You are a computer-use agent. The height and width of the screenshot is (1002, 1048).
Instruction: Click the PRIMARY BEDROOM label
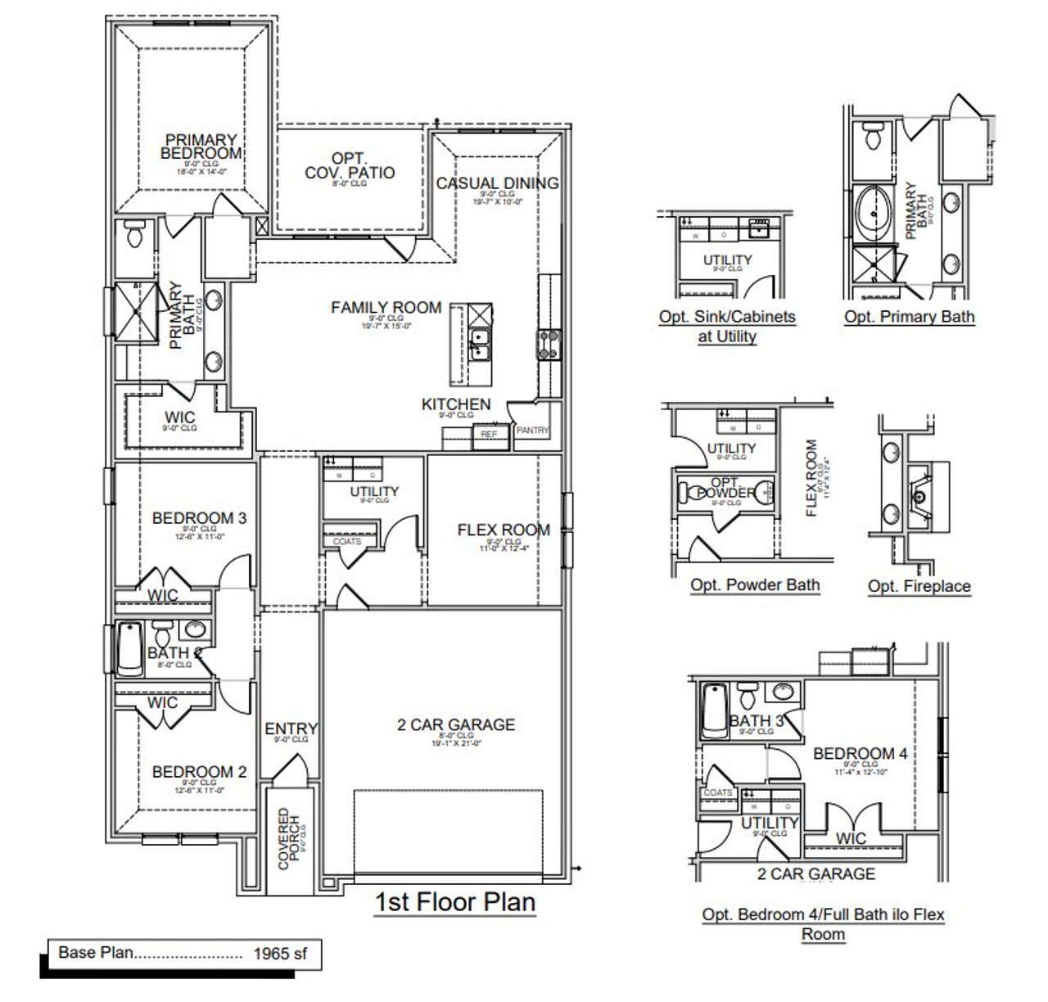coord(201,147)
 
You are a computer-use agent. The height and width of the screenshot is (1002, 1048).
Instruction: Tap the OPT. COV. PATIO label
coord(350,165)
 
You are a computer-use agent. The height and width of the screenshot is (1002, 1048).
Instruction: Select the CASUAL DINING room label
coord(497,183)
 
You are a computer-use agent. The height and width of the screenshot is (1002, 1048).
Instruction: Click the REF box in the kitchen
coord(489,434)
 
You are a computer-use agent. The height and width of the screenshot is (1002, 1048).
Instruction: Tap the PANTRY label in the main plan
coord(533,431)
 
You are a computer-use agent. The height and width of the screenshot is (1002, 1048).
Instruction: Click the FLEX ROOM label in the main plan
coord(504,530)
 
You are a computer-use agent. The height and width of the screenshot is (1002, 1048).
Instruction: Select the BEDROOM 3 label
coord(199,518)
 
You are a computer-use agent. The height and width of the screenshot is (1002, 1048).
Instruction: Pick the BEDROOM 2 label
coord(199,772)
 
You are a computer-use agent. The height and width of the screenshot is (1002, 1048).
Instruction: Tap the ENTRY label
coord(291,729)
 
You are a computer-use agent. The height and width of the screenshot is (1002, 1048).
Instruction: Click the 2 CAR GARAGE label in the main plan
coord(456,724)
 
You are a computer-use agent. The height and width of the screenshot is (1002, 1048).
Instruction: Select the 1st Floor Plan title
coord(454,902)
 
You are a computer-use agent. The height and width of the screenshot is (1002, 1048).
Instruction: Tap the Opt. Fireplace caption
coord(919,586)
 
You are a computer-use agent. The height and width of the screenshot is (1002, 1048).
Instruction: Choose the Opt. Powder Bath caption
coord(754,584)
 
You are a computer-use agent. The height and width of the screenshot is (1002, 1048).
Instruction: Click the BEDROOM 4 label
coord(860,753)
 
